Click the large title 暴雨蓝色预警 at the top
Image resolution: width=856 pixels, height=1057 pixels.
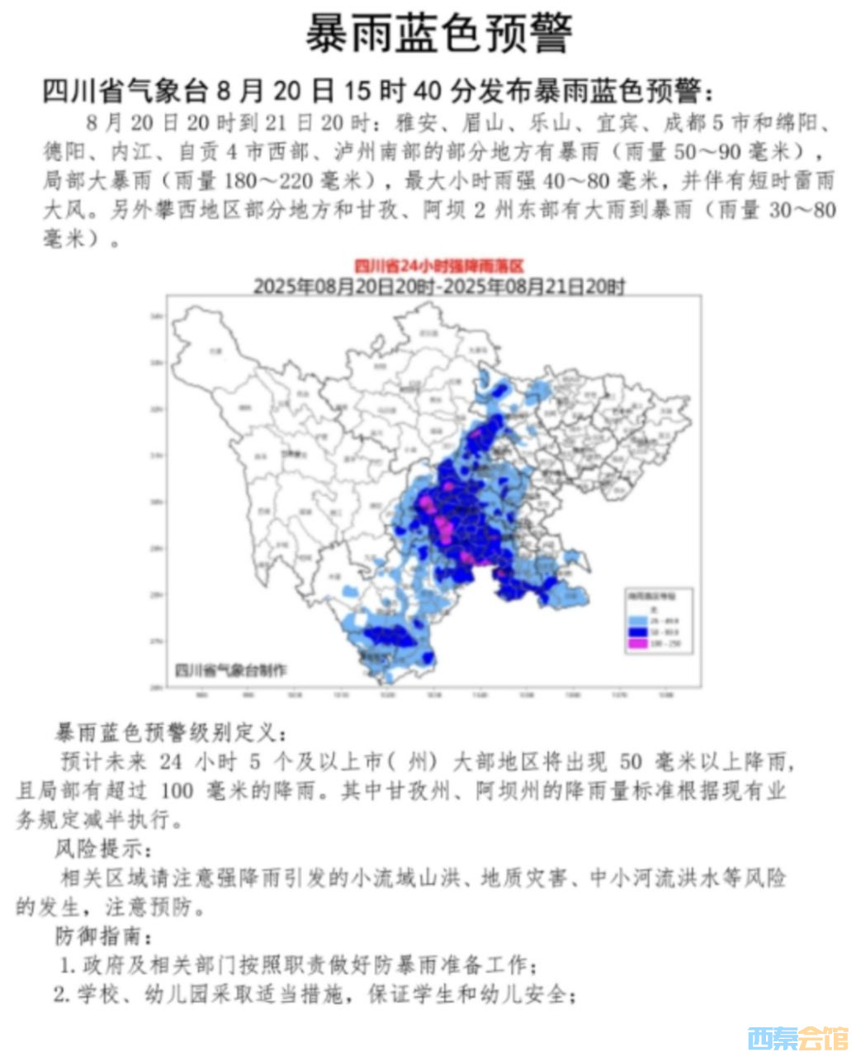(x=438, y=34)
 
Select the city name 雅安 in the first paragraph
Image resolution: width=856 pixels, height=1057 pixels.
(x=415, y=125)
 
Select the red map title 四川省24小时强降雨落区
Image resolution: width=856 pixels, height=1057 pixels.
(x=438, y=266)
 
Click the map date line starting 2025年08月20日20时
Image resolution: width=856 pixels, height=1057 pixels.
(x=438, y=286)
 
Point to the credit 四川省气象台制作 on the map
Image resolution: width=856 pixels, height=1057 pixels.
(x=234, y=670)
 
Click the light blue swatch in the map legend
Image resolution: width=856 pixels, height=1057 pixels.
(x=637, y=620)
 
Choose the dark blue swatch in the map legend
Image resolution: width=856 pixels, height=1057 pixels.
(x=637, y=632)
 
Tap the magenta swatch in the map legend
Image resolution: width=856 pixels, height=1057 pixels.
(x=637, y=643)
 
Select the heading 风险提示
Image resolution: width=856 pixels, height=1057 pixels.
(x=103, y=847)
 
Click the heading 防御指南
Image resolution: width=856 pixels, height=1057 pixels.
(x=103, y=936)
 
